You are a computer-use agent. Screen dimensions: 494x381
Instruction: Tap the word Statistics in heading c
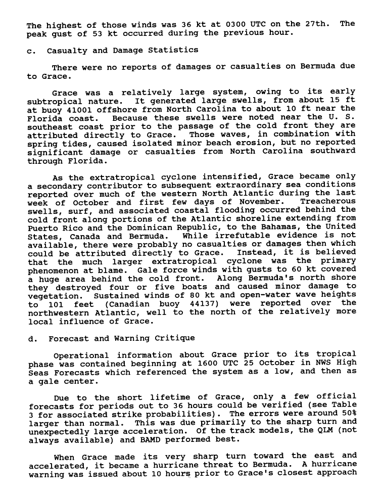pyautogui.click(x=173, y=51)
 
